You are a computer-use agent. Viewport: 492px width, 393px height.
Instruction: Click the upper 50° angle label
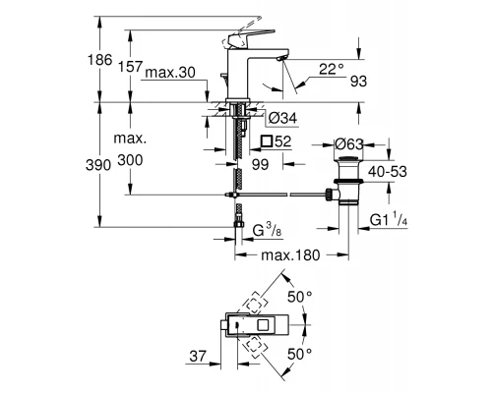[x=297, y=294]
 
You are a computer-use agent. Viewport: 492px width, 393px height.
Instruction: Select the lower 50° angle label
[x=297, y=352]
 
